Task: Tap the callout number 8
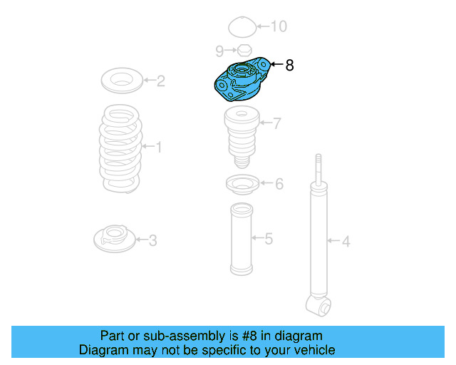tap(289, 65)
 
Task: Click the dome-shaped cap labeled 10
tap(242, 28)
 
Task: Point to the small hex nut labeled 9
tap(243, 51)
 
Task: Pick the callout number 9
tap(219, 50)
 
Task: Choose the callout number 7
tap(276, 123)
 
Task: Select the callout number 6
tap(279, 185)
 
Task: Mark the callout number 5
tap(269, 238)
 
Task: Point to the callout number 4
tap(346, 242)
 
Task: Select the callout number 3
tap(152, 240)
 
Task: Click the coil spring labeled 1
tap(120, 148)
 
